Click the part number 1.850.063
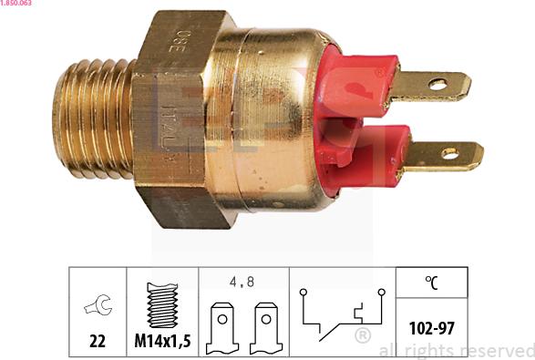coord(18,4)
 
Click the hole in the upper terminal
coord(441,87)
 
